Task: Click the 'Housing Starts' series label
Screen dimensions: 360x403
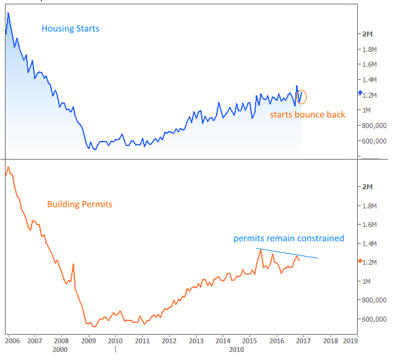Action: coord(71,28)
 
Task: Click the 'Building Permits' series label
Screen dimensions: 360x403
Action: coord(80,204)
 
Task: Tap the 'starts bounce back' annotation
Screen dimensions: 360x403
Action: coord(307,114)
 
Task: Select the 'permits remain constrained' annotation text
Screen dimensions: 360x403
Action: coord(288,238)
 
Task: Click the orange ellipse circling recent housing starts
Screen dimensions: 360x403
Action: coord(302,96)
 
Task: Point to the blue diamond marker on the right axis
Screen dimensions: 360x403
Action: coord(360,93)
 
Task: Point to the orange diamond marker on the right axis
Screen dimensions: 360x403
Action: coord(360,261)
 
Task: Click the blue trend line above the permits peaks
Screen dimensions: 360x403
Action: coord(288,254)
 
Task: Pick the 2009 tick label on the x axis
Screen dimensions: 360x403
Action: coord(89,340)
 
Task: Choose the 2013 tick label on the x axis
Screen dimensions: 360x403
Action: coord(196,340)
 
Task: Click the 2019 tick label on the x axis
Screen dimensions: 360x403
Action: coord(350,340)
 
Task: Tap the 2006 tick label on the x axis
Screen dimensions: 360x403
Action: coord(11,340)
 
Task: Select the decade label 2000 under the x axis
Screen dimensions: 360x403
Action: coord(60,349)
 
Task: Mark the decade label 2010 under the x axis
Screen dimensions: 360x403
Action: coord(236,349)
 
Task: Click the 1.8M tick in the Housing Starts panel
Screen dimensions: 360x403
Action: coord(370,49)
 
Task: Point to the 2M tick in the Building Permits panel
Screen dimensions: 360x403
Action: coord(368,187)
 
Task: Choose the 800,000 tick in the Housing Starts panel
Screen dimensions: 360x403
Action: coord(375,125)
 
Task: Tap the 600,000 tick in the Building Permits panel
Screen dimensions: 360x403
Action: coord(375,319)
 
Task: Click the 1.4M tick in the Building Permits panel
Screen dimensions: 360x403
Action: coord(370,244)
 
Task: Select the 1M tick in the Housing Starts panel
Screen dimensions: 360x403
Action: coord(367,110)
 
